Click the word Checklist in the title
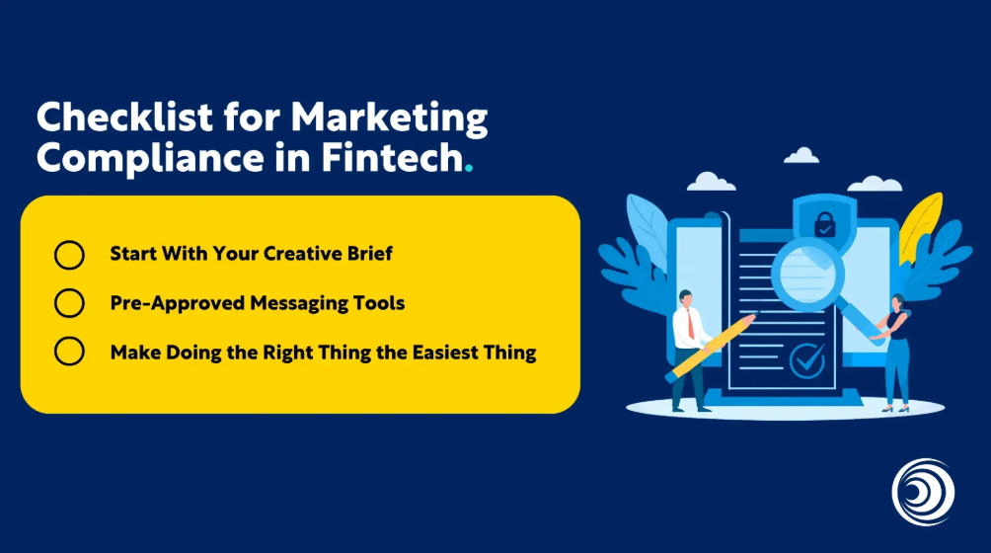(125, 117)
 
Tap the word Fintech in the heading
(393, 157)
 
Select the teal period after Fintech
(468, 169)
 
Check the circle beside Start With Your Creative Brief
(69, 255)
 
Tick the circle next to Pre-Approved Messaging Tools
(69, 303)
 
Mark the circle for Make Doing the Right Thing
(69, 352)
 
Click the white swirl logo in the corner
(923, 493)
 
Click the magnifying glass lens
(807, 275)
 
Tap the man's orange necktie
(691, 325)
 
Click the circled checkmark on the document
(807, 360)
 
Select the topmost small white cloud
(801, 155)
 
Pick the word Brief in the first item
(370, 254)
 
